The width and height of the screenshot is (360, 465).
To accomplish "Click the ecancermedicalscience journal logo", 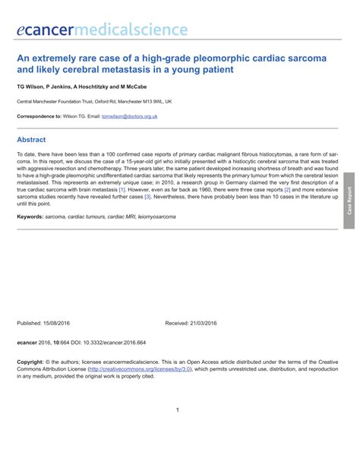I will click(x=102, y=30).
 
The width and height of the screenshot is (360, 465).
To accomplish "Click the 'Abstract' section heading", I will click(x=31, y=140).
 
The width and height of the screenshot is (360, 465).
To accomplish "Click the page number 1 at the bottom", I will click(x=177, y=410).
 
